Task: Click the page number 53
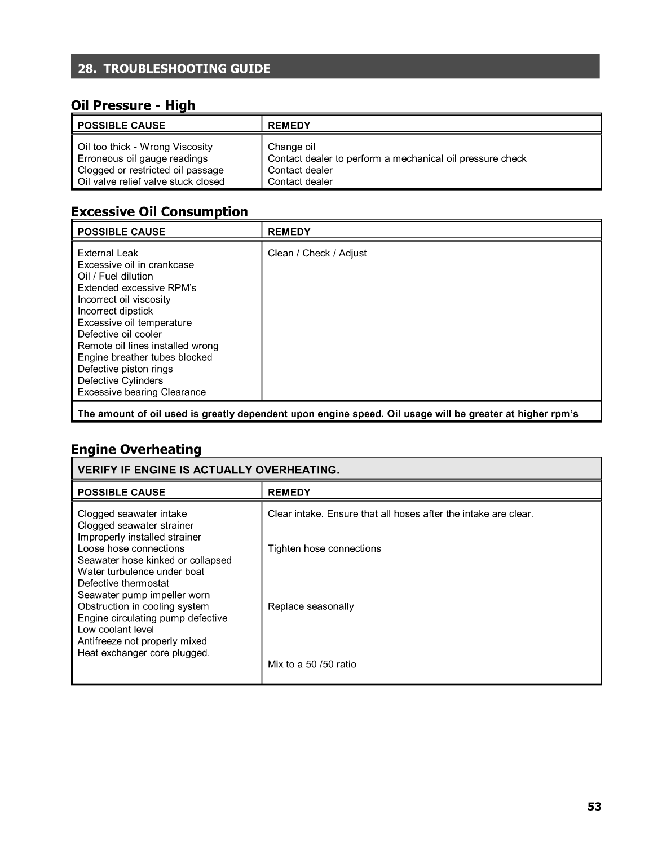point(594,807)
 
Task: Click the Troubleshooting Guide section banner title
point(174,69)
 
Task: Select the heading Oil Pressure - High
point(133,105)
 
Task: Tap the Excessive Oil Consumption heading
point(160,212)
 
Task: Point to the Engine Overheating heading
point(136,449)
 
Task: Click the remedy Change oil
point(291,147)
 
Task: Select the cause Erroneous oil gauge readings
point(143,158)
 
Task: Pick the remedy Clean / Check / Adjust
point(317,253)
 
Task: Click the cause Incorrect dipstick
point(115,311)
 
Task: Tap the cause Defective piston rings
point(125,369)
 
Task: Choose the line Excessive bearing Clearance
point(142,392)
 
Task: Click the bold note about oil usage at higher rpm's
point(328,414)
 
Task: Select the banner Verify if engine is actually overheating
point(209,470)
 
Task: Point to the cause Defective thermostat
point(123,583)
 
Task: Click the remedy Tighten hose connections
point(324,548)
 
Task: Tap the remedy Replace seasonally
point(311,606)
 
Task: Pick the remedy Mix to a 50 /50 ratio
point(312,664)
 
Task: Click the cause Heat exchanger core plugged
point(144,653)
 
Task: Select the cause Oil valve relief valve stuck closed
point(151,181)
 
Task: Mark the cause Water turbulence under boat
point(141,572)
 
